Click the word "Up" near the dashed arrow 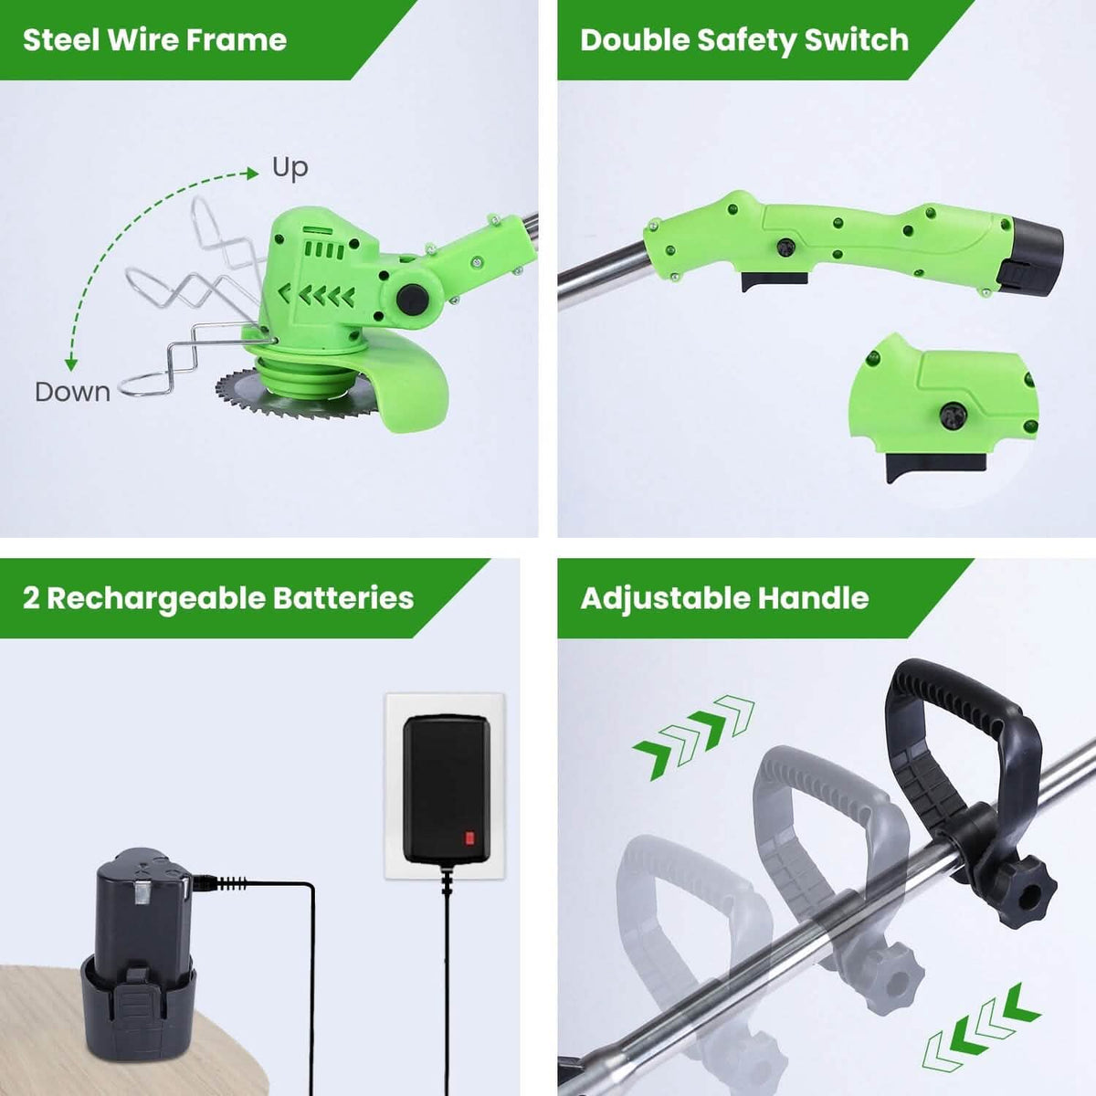(290, 169)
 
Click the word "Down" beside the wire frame (73, 392)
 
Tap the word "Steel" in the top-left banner (60, 40)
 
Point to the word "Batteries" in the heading (343, 597)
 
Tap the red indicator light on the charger (469, 838)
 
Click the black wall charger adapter (447, 796)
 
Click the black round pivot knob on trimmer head (413, 300)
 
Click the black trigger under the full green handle (775, 281)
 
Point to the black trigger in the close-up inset (934, 468)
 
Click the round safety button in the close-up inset (954, 416)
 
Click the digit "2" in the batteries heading (31, 598)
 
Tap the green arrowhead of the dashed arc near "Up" (252, 174)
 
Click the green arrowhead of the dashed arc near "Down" (70, 364)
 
